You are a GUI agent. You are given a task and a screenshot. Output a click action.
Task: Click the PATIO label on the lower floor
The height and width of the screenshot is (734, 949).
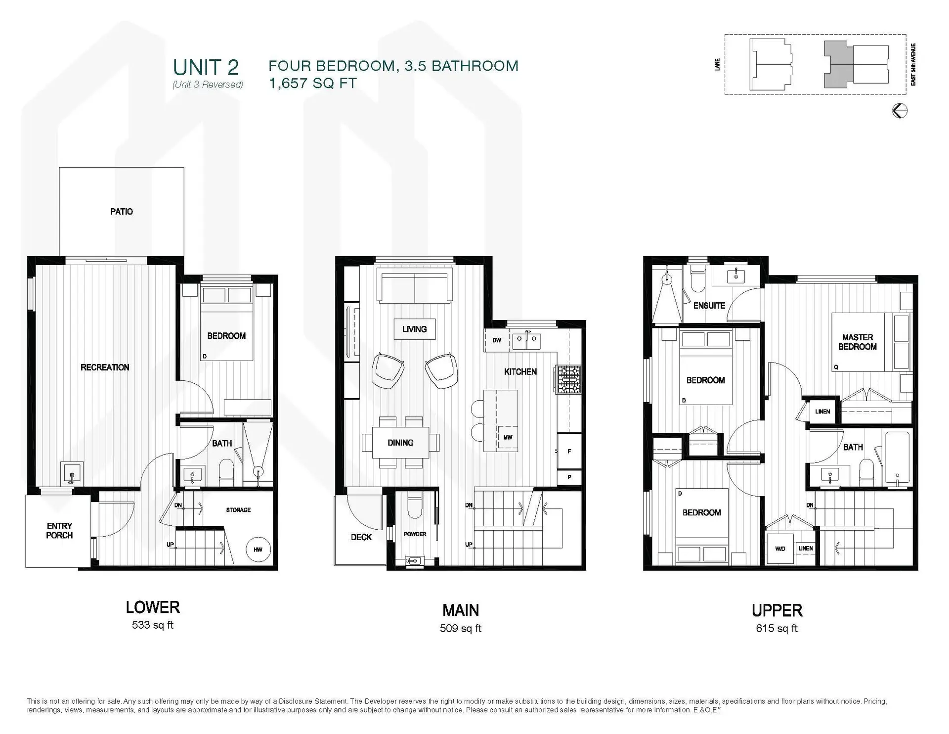121,212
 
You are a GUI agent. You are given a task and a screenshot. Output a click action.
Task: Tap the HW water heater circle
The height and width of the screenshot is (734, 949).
258,550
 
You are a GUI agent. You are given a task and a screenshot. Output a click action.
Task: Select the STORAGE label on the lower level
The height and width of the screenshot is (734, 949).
238,510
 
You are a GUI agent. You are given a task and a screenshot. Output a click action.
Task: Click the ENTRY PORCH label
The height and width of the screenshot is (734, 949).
59,530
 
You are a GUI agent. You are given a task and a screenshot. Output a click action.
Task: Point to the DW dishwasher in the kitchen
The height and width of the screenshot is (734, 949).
497,340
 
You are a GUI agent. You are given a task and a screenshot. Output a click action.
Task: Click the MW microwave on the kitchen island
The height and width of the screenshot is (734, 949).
508,437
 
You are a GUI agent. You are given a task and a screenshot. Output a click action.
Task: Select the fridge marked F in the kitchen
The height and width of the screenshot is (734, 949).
569,451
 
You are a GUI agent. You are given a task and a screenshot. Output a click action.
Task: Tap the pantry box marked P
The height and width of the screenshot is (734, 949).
569,477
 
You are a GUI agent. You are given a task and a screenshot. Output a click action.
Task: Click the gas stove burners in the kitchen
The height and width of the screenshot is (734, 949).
569,379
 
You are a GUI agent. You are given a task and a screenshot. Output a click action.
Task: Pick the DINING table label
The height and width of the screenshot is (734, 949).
400,443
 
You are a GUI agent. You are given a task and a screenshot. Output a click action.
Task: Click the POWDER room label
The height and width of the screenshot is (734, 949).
415,534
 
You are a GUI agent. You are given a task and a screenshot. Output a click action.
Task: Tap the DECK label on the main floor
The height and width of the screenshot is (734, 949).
361,537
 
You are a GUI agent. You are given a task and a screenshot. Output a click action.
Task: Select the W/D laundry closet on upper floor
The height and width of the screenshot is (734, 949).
780,549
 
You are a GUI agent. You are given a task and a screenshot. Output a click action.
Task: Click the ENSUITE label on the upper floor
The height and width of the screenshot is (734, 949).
709,306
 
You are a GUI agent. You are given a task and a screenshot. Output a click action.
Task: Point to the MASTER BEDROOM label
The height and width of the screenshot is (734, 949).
857,342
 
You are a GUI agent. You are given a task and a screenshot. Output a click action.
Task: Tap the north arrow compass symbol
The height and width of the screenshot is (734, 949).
900,111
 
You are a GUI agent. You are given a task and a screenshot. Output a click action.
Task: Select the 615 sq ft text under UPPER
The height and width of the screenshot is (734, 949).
776,629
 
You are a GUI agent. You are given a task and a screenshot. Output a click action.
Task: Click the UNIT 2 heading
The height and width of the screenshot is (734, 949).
206,67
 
